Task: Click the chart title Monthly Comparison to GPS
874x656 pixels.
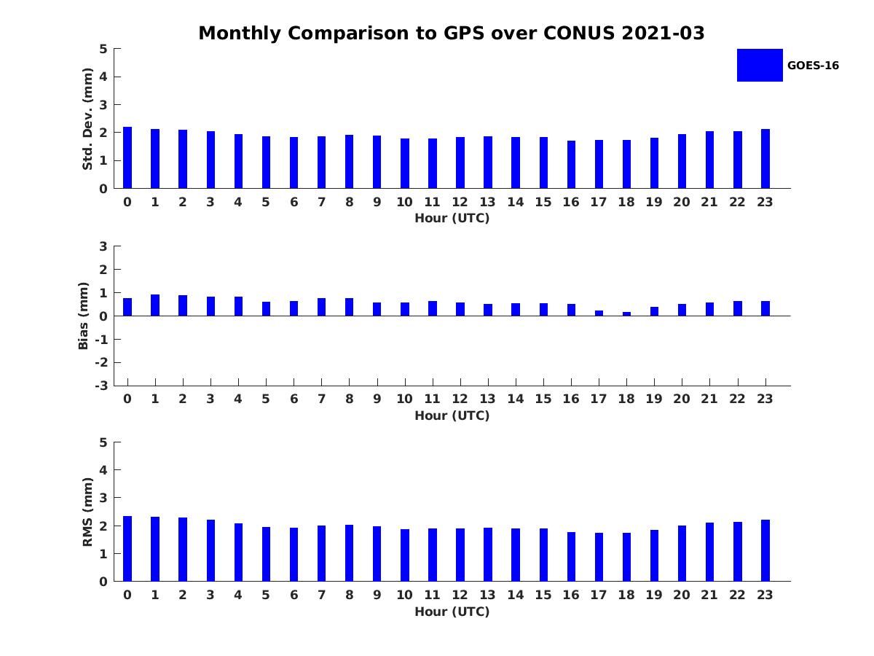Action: [x=451, y=34]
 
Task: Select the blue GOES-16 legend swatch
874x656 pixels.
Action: [x=759, y=65]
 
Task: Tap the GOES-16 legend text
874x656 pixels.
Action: [x=813, y=66]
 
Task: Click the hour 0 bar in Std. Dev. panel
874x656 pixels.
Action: [x=127, y=158]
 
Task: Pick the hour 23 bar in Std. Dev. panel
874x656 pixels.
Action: [x=765, y=159]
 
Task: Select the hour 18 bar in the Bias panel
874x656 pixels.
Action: [x=626, y=313]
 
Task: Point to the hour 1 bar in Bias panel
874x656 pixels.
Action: [x=155, y=305]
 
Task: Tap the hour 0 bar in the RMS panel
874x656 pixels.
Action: [x=127, y=549]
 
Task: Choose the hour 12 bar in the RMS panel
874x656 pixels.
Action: [x=460, y=555]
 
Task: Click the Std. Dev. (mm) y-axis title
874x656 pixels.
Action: [x=87, y=119]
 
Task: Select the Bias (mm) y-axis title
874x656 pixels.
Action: [x=84, y=316]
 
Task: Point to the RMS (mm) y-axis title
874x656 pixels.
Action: [x=87, y=512]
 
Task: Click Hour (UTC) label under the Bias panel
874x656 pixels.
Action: [x=452, y=415]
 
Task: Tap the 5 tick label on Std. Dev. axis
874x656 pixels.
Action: [x=104, y=49]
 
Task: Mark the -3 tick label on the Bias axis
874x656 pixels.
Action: [x=102, y=386]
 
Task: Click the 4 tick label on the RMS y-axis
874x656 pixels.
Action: [x=104, y=470]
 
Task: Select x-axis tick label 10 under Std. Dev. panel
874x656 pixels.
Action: [x=404, y=203]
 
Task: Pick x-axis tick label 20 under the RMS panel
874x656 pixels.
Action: [x=681, y=595]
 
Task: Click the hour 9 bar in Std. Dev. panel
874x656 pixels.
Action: [x=377, y=162]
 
